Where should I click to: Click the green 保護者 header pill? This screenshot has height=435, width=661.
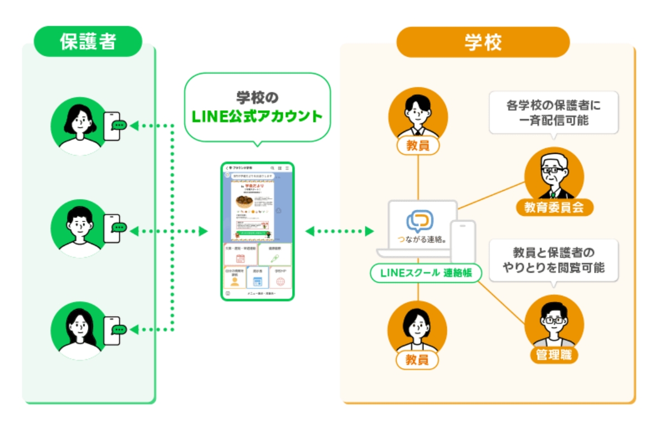tap(88, 41)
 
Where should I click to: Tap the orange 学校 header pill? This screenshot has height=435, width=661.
tap(483, 42)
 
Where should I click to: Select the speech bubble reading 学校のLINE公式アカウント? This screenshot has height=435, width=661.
tap(257, 108)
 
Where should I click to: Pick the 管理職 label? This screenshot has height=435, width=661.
tap(553, 355)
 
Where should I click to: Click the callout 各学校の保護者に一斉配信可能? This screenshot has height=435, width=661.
tap(553, 112)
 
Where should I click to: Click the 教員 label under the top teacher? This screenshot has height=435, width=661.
tap(417, 146)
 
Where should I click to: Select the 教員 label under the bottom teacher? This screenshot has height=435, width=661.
tap(417, 360)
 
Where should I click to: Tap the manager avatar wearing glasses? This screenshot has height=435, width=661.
tap(554, 323)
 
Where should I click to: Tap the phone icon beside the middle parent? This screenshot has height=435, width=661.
tap(112, 228)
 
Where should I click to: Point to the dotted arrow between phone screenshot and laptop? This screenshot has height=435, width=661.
tap(339, 230)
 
